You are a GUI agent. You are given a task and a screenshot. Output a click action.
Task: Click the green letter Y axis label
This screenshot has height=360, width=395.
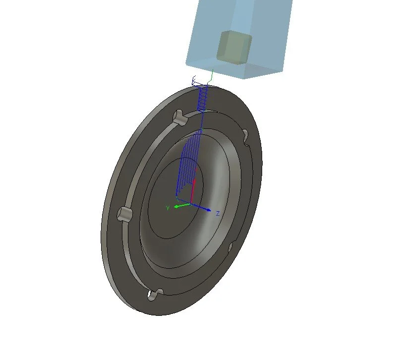(168, 207)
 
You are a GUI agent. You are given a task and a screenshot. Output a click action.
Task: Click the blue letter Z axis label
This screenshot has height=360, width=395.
(218, 213)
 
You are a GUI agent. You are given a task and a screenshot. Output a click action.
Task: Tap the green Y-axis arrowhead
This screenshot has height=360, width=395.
(175, 206)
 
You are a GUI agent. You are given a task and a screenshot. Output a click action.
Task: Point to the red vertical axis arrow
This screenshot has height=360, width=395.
(194, 188)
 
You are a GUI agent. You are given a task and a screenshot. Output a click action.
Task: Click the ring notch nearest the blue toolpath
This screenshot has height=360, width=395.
(179, 118)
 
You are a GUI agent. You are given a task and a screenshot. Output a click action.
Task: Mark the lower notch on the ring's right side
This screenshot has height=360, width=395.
(230, 246)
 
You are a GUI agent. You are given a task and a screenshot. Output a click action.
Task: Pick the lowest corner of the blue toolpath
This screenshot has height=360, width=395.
(177, 194)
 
